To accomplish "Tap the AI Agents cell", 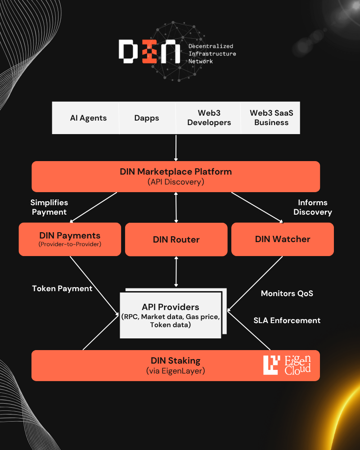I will [x=88, y=118].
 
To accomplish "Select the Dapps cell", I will [x=147, y=118].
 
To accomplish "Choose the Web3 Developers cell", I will [x=209, y=118].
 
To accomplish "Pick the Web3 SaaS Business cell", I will [x=271, y=118].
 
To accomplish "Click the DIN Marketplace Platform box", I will [x=175, y=176].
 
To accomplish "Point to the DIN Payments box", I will [x=70, y=239].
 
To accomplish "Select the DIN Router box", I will [x=176, y=239].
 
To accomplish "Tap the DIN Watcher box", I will [x=283, y=239].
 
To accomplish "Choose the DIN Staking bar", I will [x=175, y=365].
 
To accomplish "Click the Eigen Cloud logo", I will [x=287, y=365].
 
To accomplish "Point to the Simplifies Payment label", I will [x=49, y=207].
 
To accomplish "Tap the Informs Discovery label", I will [x=313, y=207].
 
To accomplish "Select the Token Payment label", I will [x=62, y=288].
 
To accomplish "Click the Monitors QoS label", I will [x=287, y=293].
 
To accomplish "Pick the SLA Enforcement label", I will [x=287, y=320].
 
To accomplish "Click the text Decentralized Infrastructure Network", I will [x=212, y=54].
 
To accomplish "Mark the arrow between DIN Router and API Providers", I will [x=176, y=272].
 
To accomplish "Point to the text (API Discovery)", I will [x=175, y=182].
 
